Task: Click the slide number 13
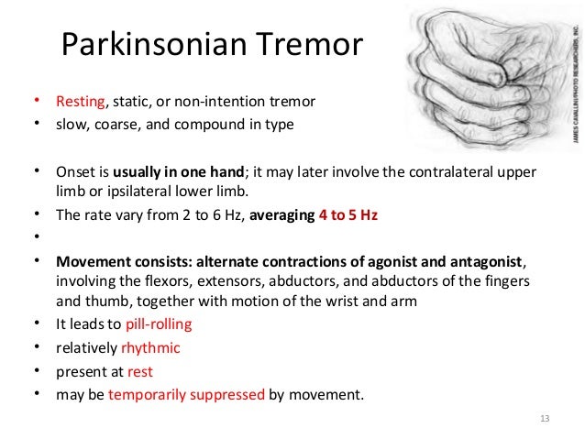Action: point(546,419)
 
